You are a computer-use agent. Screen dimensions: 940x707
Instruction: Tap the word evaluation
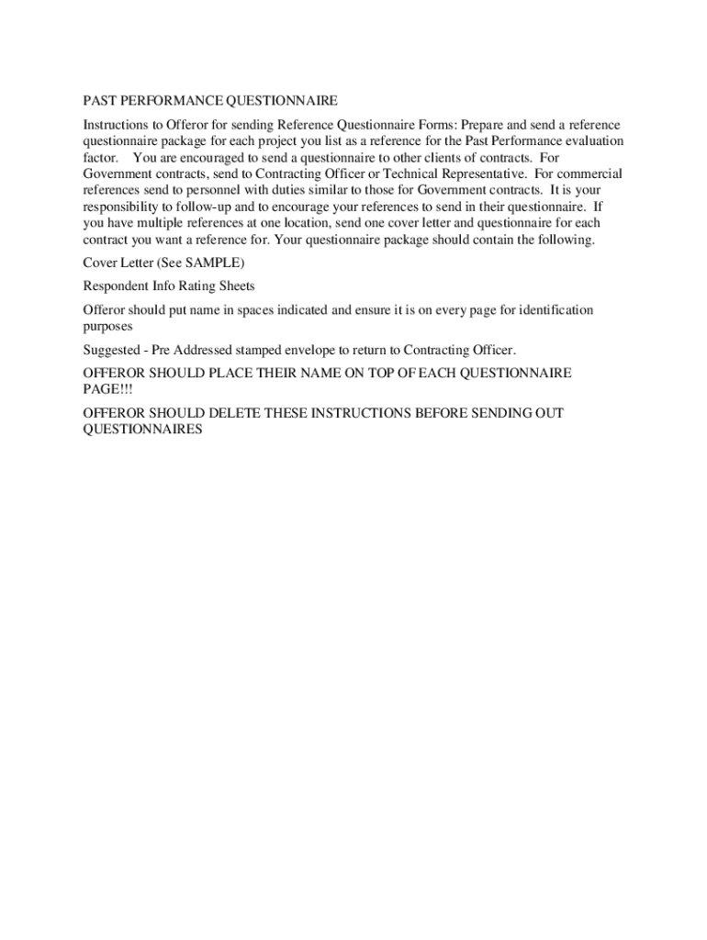point(589,141)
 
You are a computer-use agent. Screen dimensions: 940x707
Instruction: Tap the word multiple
point(169,224)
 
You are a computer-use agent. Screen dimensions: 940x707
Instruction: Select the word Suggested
point(112,350)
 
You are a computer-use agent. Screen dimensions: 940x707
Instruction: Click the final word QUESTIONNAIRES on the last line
point(142,431)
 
